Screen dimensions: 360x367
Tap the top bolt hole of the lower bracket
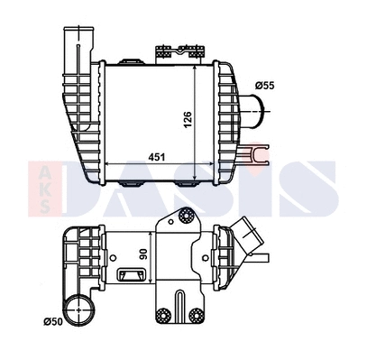click(x=187, y=216)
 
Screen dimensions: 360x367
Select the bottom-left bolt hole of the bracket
click(x=163, y=316)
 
